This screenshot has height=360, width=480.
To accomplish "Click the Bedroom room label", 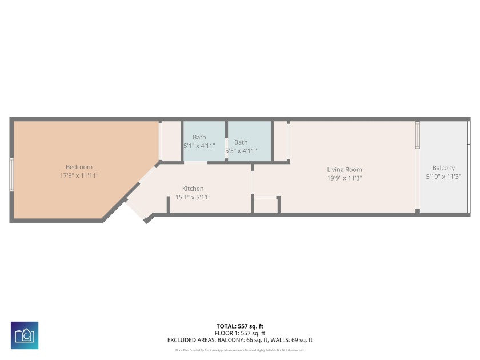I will click(79, 167).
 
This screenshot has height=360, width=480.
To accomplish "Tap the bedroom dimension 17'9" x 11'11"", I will click(79, 175).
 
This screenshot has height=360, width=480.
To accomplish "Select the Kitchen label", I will click(193, 189).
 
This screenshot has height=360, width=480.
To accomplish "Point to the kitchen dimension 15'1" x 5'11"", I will click(193, 197).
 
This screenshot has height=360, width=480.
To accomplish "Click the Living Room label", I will click(344, 169).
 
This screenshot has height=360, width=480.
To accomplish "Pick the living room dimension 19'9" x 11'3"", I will click(344, 178).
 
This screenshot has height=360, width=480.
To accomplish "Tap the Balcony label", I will click(443, 168).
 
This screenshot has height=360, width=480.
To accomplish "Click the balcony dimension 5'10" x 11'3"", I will click(443, 177).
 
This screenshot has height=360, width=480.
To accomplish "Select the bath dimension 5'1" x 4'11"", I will click(199, 146).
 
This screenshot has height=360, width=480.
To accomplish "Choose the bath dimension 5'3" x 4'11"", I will click(241, 151).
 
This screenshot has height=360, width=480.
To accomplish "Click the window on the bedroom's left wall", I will click(11, 175).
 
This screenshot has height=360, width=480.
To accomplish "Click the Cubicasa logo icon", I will click(25, 335).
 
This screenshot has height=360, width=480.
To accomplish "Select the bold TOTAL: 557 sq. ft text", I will click(239, 326).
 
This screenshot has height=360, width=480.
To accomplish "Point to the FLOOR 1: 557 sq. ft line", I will click(239, 333).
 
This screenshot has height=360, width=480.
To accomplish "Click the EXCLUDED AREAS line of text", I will click(239, 340).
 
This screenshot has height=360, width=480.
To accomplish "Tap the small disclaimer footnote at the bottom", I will click(239, 350).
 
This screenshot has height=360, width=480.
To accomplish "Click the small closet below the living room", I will click(266, 205).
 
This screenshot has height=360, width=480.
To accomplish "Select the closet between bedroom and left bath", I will click(170, 141).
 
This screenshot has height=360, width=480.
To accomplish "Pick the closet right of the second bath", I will click(281, 141).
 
